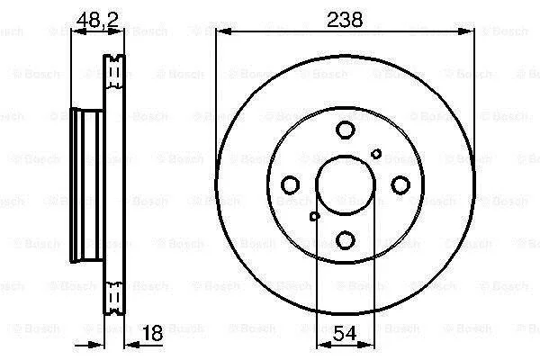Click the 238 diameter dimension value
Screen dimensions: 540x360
[x=345, y=20]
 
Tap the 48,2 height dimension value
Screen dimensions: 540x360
[x=97, y=20]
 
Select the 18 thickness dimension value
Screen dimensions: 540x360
[x=152, y=333]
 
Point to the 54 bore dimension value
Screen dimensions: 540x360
[x=345, y=334]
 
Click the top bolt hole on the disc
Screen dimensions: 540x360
[x=345, y=130]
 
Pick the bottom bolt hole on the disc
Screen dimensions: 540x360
[x=345, y=240]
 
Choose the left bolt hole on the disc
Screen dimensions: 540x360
[x=290, y=185]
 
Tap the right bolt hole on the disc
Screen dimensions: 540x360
[x=400, y=185]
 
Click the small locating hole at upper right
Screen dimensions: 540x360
[x=376, y=154]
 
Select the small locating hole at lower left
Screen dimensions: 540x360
[x=314, y=216]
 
